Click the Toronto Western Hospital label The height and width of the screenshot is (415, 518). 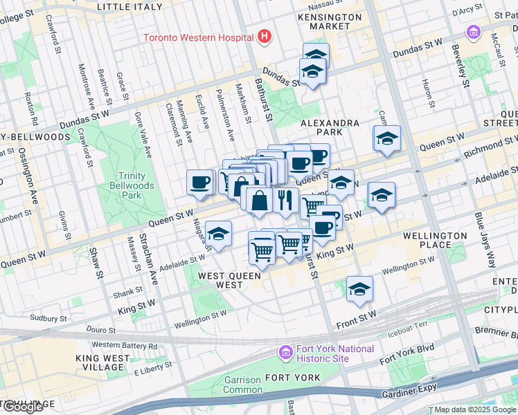(x=197, y=37)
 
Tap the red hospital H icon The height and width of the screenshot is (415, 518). (x=263, y=36)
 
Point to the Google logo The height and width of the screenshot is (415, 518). (x=23, y=407)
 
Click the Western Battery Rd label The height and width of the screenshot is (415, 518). (x=125, y=345)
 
